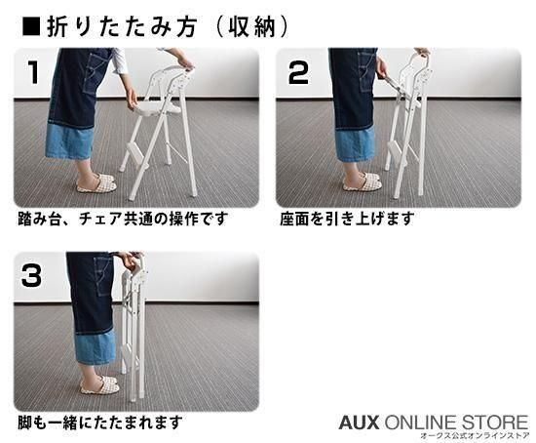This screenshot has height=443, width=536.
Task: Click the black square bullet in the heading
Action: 31,26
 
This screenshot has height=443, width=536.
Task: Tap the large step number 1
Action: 33,72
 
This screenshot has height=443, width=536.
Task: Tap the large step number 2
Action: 298,72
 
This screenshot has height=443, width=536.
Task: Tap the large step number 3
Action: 31,275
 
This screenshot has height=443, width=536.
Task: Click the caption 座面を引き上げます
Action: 347,219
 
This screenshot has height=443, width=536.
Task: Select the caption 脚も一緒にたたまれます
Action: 99,423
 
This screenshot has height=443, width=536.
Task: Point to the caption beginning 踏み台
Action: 123,219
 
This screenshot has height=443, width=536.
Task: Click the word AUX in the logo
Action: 360,423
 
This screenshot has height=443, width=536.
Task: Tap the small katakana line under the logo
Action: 475,436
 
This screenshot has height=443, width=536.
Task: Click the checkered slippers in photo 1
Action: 96,182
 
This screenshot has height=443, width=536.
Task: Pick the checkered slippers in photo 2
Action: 363,181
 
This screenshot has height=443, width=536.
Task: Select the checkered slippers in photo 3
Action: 99,384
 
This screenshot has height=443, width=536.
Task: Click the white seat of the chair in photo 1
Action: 159,109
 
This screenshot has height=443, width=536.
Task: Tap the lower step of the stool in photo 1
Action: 137,152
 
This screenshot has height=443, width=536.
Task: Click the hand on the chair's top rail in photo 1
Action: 184,63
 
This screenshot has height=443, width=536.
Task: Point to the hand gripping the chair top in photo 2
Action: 423,52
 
